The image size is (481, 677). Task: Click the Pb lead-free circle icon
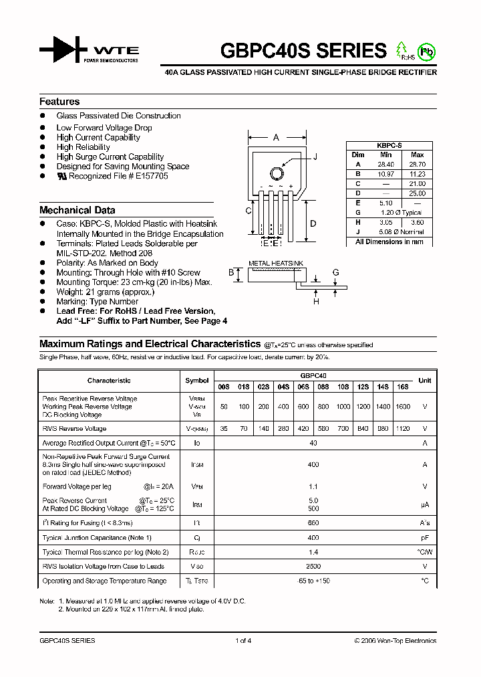click(x=424, y=51)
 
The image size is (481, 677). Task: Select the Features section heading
click(x=59, y=102)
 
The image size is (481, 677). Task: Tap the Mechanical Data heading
click(x=77, y=210)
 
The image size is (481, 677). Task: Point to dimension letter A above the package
click(x=276, y=138)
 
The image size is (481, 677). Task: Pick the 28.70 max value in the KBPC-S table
click(x=417, y=164)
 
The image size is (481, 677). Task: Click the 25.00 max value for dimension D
click(x=417, y=193)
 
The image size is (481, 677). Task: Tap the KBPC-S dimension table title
click(x=389, y=144)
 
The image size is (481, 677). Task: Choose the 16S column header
click(x=403, y=387)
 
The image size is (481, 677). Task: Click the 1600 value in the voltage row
click(x=403, y=407)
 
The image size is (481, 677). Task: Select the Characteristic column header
click(x=109, y=381)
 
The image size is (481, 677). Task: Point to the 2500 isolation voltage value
click(x=313, y=566)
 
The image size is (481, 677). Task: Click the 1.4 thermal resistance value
click(x=313, y=552)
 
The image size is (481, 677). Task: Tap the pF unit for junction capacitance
click(x=424, y=538)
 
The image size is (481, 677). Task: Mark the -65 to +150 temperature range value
click(x=313, y=581)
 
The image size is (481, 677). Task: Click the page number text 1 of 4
click(x=243, y=640)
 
